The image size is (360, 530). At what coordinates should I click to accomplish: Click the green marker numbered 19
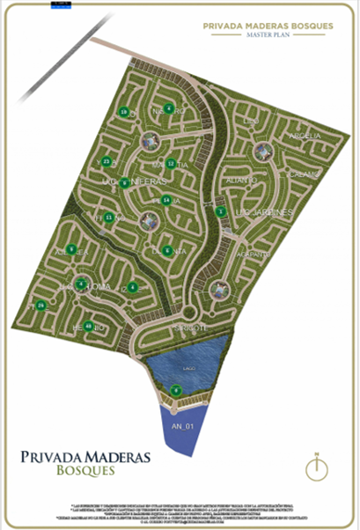[124, 111]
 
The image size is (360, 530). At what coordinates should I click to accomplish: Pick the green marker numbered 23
[107, 162]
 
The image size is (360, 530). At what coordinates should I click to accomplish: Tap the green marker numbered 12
[171, 164]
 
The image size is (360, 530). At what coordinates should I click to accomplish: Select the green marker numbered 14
[166, 200]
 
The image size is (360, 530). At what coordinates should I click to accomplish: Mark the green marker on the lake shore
[176, 390]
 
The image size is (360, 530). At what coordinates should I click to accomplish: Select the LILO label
[248, 120]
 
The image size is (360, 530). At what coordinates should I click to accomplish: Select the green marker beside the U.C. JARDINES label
[222, 212]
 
